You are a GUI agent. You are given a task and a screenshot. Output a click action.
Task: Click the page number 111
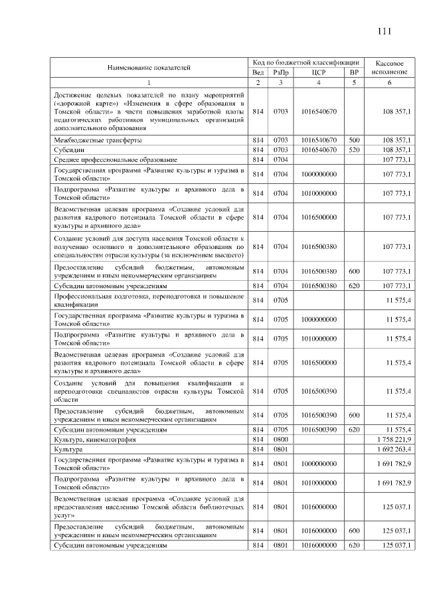385,31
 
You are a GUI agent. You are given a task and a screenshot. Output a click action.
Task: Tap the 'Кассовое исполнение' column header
389,66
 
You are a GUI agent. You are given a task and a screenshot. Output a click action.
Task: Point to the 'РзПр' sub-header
282,72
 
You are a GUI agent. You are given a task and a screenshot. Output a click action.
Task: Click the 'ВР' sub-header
354,72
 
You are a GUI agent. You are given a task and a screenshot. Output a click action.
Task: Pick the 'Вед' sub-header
258,72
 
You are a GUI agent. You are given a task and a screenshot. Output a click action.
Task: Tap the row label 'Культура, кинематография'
95,440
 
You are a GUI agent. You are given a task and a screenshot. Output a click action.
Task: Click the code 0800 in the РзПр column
281,440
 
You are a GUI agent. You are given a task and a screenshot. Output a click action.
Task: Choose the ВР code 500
354,141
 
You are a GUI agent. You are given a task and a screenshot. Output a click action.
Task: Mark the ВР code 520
354,151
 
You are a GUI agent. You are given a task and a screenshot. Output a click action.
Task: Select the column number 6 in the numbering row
389,82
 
